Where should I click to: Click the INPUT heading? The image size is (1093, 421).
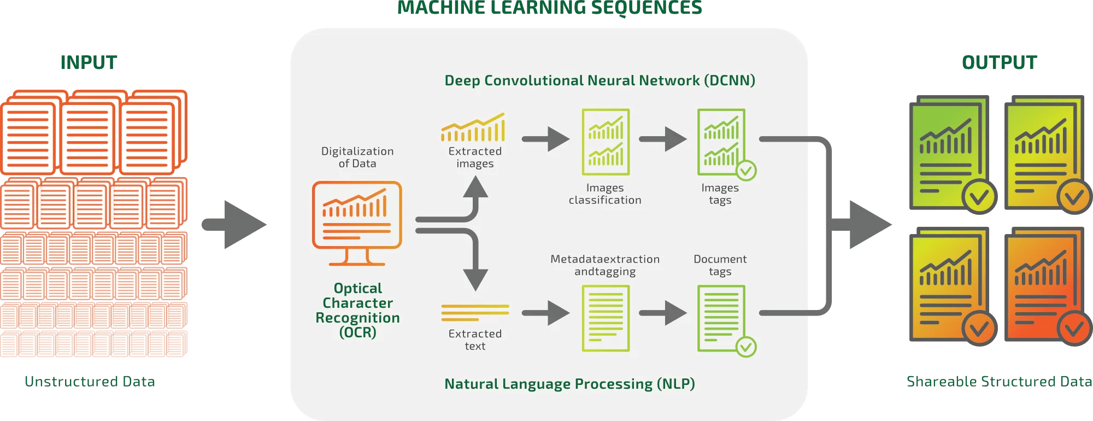89,63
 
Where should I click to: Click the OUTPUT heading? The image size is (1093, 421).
999,63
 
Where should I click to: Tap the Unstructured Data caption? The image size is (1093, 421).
90,381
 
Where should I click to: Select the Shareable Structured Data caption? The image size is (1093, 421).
999,381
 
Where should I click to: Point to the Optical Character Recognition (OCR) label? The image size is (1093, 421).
358,310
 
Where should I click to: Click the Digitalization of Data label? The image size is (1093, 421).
357,157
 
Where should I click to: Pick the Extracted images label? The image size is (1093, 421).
475,157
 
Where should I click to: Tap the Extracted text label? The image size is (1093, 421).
475,340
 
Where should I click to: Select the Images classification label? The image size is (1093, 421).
605,194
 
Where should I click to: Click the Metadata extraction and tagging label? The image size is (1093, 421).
605,265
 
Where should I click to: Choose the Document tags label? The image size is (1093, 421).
720,265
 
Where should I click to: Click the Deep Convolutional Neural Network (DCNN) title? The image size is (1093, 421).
600,80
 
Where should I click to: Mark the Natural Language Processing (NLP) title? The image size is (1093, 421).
569,384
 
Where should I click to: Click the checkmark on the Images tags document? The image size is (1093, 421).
746,171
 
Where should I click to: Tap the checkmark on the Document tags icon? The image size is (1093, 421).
746,347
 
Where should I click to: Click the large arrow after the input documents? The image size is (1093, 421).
235,224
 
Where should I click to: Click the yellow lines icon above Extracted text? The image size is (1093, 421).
475,312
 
